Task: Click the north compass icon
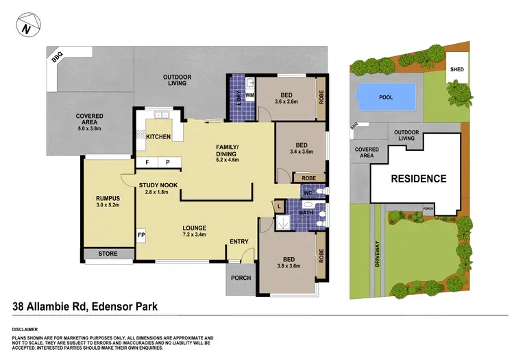pyautogui.click(x=25, y=28)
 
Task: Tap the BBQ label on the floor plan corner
pyautogui.click(x=56, y=60)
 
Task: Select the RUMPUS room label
pyautogui.click(x=108, y=200)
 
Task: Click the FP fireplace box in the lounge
pyautogui.click(x=141, y=235)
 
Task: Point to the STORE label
pyautogui.click(x=108, y=254)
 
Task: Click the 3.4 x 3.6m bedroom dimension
pyautogui.click(x=301, y=152)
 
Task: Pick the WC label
pyautogui.click(x=308, y=193)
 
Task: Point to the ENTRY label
pyautogui.click(x=239, y=241)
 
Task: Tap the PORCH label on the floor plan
pyautogui.click(x=241, y=278)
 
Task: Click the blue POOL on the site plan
pyautogui.click(x=386, y=97)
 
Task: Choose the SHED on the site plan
pyautogui.click(x=456, y=70)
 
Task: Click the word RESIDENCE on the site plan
pyautogui.click(x=419, y=179)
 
